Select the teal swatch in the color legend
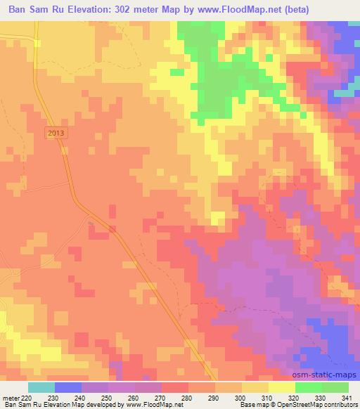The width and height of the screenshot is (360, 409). (x=41, y=387)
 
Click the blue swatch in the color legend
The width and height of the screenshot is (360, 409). (x=68, y=387)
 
